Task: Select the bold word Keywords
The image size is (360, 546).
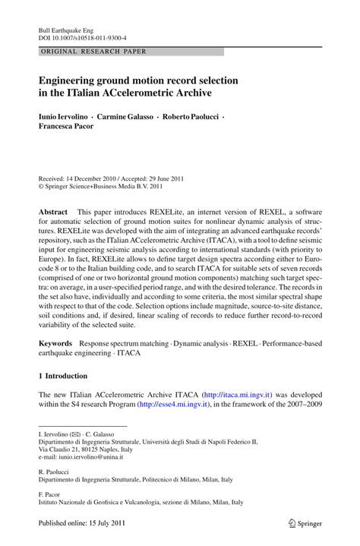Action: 57,344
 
